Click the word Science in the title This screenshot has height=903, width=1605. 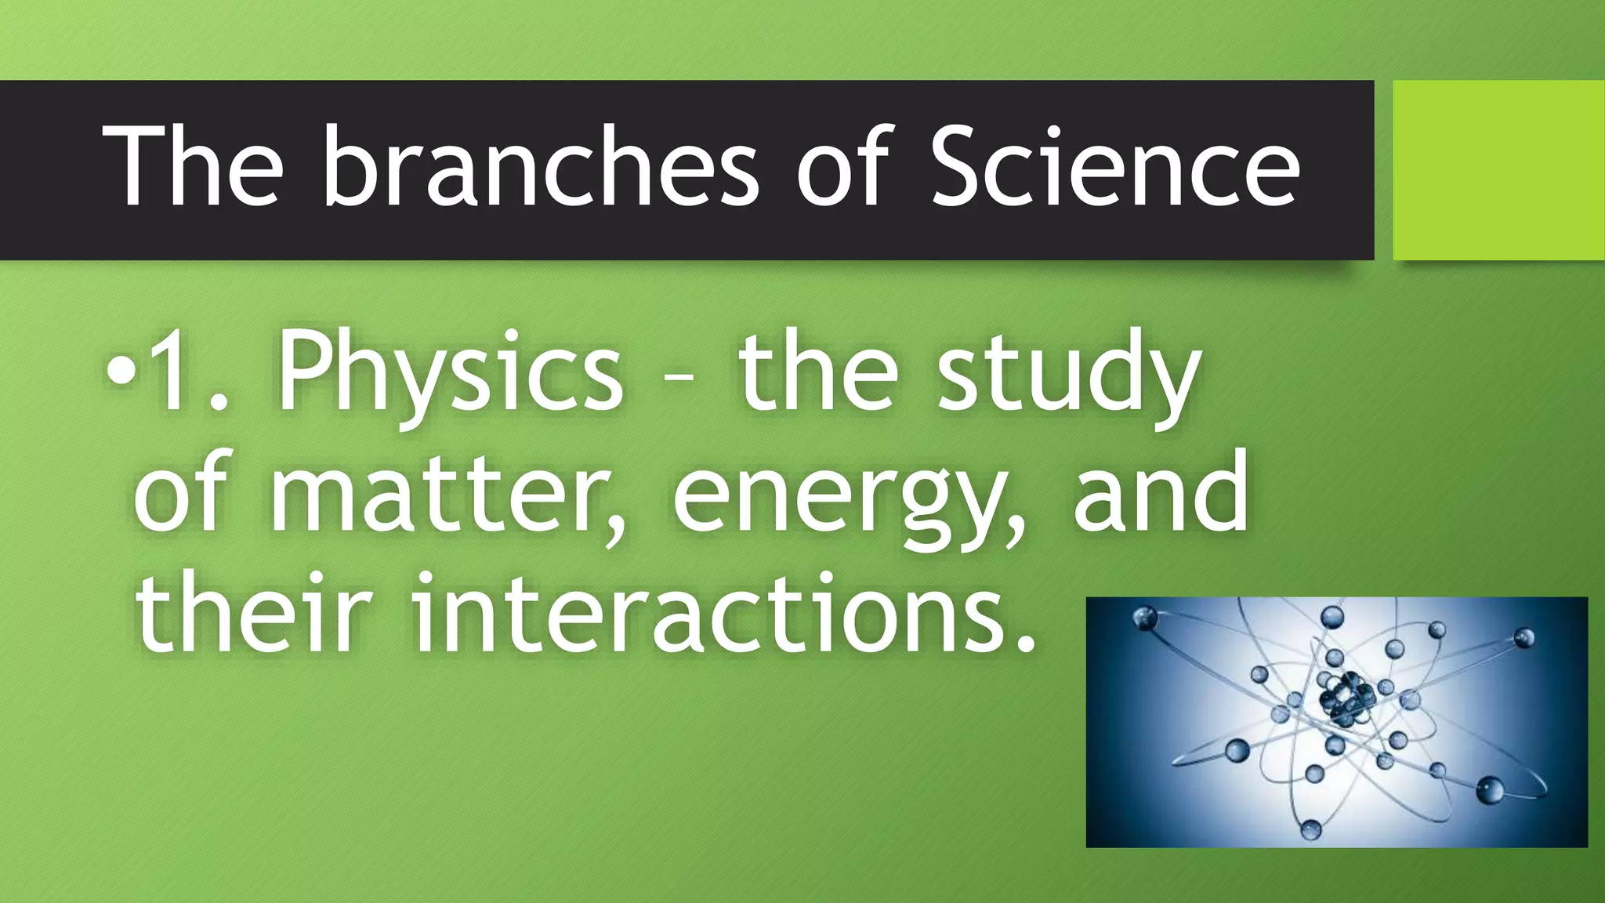(x=1115, y=168)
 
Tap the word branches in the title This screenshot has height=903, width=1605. (x=541, y=168)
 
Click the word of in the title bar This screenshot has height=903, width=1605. (x=846, y=168)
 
